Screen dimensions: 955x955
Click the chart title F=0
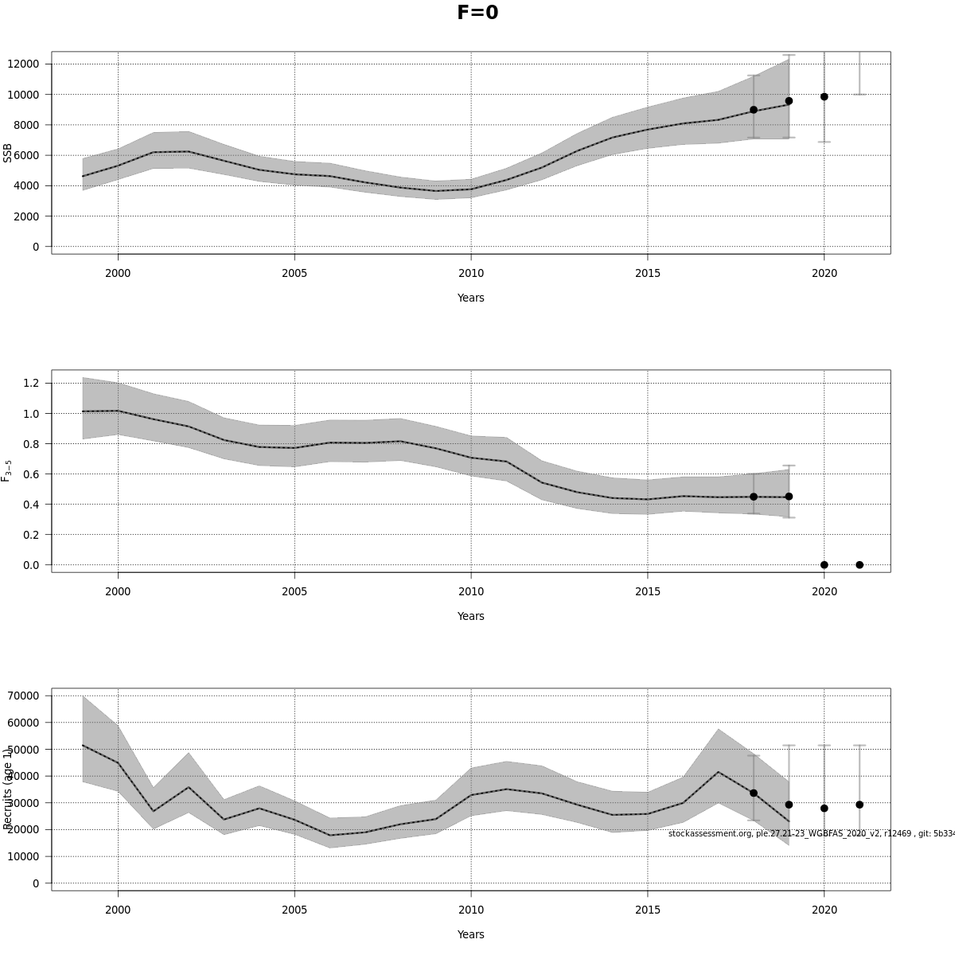[x=477, y=13]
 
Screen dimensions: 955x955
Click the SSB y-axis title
[x=8, y=153]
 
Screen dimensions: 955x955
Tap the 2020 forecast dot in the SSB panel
[x=824, y=96]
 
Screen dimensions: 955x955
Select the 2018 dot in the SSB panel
[x=754, y=110]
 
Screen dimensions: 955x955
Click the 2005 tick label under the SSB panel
[x=294, y=273]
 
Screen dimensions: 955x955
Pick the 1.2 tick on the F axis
[x=31, y=383]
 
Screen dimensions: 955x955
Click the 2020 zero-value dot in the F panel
[x=824, y=565]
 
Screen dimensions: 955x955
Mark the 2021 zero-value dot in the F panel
[x=859, y=565]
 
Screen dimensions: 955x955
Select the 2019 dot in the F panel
[x=789, y=497]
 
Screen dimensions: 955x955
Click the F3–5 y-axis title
[x=7, y=470]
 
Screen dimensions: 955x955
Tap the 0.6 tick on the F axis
[x=31, y=474]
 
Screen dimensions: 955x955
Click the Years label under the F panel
[x=470, y=616]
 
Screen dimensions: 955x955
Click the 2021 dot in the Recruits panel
[x=859, y=805]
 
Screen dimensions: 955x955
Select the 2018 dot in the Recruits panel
[x=754, y=793]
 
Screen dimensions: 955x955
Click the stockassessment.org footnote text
[x=810, y=833]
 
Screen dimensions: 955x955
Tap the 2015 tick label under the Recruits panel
[x=647, y=910]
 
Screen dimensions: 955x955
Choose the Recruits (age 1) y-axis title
[x=8, y=788]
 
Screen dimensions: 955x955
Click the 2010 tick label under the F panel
[x=470, y=591]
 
